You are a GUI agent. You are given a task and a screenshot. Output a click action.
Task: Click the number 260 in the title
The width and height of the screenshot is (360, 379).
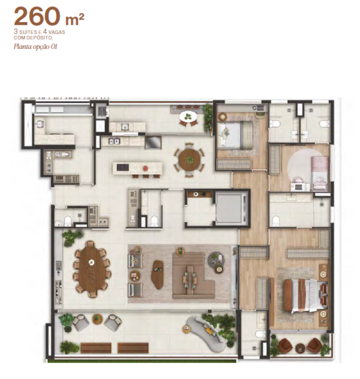pyautogui.click(x=37, y=17)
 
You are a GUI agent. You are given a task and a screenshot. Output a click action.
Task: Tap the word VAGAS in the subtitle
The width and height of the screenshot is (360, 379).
pyautogui.click(x=57, y=32)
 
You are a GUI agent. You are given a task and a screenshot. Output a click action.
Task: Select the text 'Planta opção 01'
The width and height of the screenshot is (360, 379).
pyautogui.click(x=35, y=46)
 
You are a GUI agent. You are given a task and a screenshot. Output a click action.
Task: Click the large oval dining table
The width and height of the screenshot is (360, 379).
pyautogui.click(x=92, y=269)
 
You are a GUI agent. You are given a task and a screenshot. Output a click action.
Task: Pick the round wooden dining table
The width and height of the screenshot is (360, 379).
pyautogui.click(x=190, y=160)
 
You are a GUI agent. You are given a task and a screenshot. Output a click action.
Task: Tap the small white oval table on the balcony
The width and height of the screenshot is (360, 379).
pyautogui.click(x=188, y=117)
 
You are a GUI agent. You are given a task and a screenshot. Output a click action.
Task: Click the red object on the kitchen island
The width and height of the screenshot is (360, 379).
pyautogui.click(x=145, y=168)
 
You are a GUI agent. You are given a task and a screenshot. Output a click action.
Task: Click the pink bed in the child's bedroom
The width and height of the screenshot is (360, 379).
pyautogui.click(x=320, y=173)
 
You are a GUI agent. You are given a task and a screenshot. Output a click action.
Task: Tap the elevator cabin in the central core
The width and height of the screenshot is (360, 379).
pyautogui.click(x=232, y=208)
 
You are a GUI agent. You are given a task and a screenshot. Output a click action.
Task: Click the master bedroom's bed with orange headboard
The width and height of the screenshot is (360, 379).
pyautogui.click(x=304, y=296)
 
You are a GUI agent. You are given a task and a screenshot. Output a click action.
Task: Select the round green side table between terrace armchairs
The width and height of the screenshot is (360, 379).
pyautogui.click(x=98, y=319)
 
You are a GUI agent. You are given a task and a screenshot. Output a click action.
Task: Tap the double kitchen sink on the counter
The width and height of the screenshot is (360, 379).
pyautogui.click(x=114, y=142)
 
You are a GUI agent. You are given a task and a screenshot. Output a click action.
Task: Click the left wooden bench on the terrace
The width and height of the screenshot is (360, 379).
pyautogui.click(x=96, y=348)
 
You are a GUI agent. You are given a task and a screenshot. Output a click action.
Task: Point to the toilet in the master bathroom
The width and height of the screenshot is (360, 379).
pyautogui.click(x=259, y=334)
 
